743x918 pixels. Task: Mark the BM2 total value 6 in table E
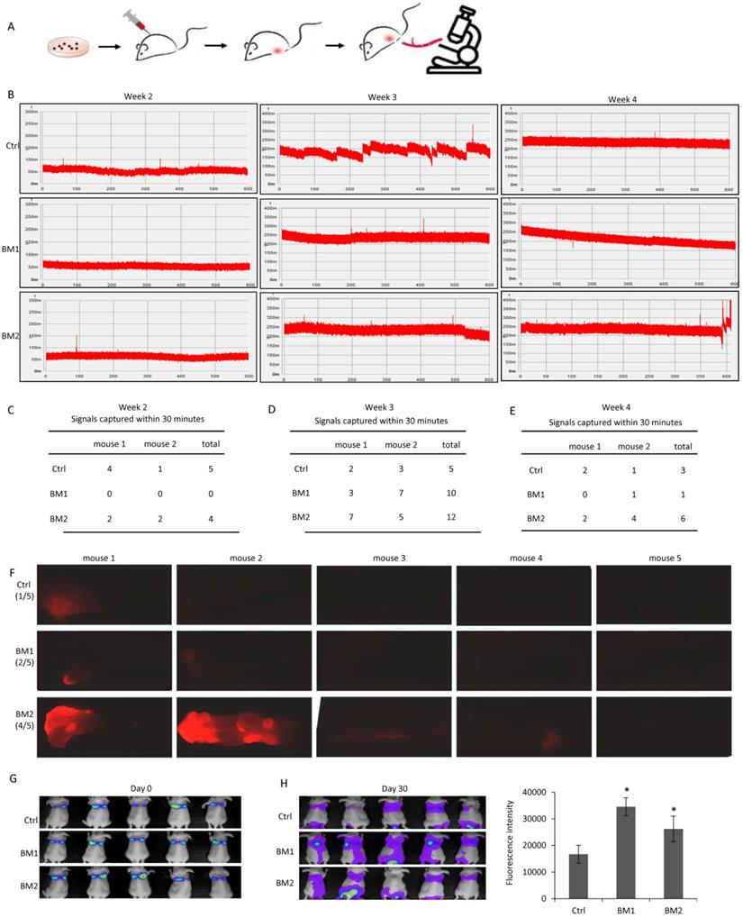point(683,520)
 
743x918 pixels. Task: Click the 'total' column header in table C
point(211,443)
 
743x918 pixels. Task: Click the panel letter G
point(12,774)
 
